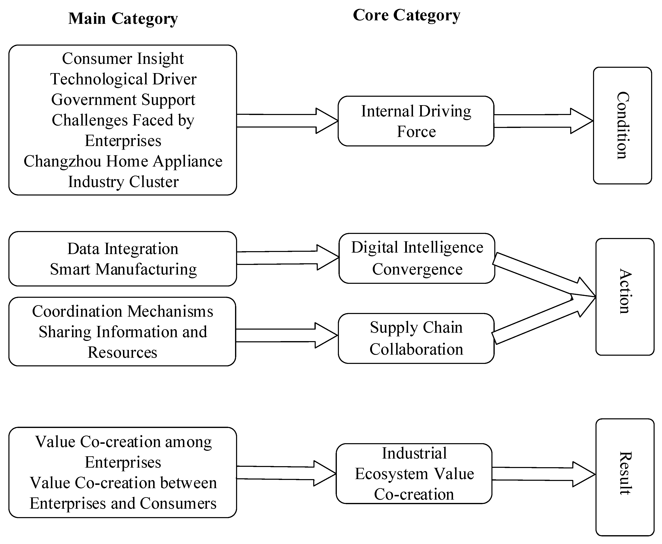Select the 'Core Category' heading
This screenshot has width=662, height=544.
tap(406, 15)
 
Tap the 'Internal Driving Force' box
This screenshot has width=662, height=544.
tap(416, 121)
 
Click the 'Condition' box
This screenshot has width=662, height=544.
tap(622, 125)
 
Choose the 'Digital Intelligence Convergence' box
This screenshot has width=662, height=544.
tap(417, 258)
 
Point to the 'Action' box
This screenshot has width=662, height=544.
tap(625, 297)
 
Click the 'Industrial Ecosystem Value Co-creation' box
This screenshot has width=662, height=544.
tap(414, 474)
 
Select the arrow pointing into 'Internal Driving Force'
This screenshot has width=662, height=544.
tap(287, 121)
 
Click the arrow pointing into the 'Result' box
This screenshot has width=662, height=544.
tap(543, 474)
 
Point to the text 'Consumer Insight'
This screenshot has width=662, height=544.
tap(123, 59)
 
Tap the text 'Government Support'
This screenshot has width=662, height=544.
tap(123, 100)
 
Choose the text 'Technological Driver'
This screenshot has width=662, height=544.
tap(123, 79)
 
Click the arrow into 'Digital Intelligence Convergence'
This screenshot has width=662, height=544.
tap(287, 258)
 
